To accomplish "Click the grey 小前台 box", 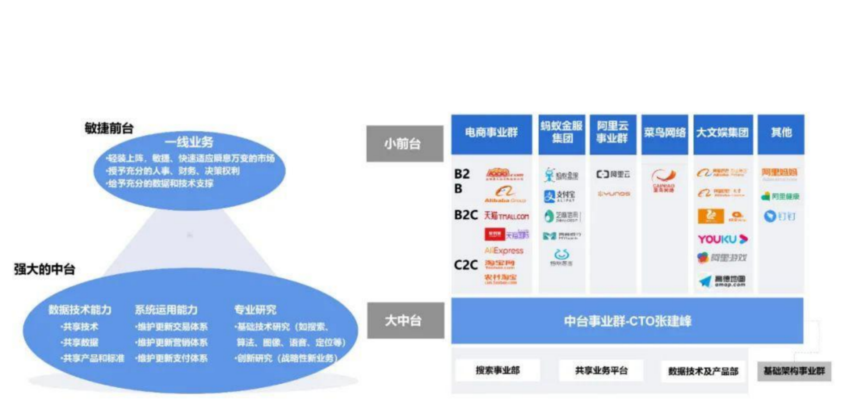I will [404, 144].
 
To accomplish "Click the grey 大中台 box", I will [405, 320].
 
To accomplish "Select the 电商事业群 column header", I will [491, 133].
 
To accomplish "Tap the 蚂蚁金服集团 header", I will [562, 133].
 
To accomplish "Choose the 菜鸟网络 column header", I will [664, 133].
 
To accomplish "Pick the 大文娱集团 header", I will [722, 133].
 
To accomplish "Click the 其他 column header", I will [781, 133].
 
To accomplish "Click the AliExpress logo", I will [504, 251].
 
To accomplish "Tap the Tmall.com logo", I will [506, 216].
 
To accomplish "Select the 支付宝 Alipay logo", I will [559, 196].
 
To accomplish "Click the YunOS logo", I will [613, 194].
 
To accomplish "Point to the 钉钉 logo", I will [780, 216].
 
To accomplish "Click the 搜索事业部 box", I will [497, 370].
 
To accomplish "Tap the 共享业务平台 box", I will [601, 370].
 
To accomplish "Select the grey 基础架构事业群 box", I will [794, 371].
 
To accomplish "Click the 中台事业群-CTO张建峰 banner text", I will [627, 321].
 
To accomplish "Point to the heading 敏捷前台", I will [109, 128].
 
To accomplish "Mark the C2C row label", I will [465, 265].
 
